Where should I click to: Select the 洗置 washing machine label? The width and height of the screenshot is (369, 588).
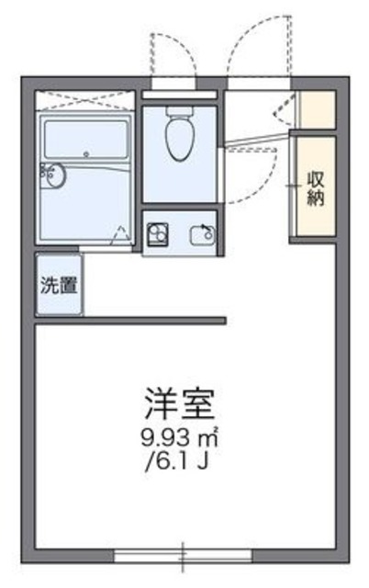[x=58, y=285]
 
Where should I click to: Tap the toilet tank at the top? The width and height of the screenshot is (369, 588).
[x=178, y=114]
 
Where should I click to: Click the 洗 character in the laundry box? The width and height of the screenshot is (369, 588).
[x=50, y=285]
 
